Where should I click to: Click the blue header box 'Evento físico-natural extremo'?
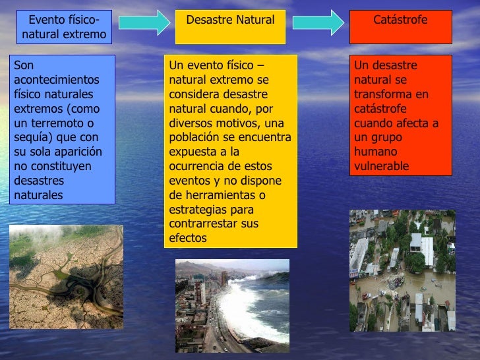click(63, 27)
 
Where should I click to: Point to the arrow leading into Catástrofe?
click(318, 22)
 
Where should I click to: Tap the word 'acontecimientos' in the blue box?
click(56, 80)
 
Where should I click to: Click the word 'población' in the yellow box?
click(195, 137)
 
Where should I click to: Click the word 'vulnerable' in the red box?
click(382, 166)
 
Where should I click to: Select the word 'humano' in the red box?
click(374, 152)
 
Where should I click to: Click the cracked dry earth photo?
click(66, 276)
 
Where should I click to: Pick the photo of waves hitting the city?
click(232, 305)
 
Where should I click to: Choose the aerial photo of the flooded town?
click(402, 270)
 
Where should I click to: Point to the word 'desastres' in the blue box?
click(37, 181)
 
